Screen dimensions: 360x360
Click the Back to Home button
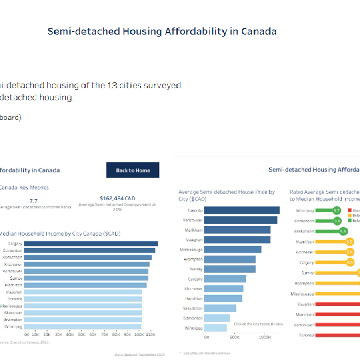[132, 170]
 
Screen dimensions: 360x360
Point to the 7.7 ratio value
[34, 201]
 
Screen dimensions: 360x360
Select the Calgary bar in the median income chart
[91, 244]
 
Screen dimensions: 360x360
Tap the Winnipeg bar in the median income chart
[83, 326]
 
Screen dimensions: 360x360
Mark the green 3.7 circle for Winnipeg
[336, 210]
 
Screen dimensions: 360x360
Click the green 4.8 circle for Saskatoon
[343, 231]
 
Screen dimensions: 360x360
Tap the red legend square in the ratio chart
[350, 210]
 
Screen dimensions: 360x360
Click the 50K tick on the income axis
[82, 334]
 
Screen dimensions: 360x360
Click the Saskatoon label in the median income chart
[12, 257]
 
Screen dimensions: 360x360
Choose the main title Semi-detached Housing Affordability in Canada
[162, 32]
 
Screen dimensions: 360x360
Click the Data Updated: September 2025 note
[139, 354]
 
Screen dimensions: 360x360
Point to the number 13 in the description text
[112, 85]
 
